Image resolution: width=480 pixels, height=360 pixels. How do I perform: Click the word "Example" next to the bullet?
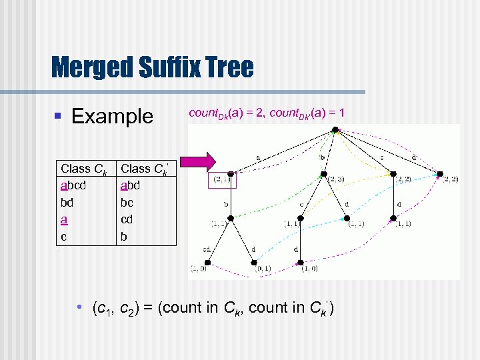point(112,117)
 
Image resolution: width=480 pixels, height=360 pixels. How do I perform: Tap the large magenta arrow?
point(199,161)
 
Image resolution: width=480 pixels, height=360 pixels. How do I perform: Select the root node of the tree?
point(335,131)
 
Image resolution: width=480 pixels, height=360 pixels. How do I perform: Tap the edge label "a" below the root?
point(257,158)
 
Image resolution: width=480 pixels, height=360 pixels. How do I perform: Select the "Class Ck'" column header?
point(144,169)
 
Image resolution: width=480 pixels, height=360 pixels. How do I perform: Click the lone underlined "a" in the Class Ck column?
point(63,219)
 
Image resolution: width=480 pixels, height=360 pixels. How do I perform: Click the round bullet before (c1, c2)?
point(79,307)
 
